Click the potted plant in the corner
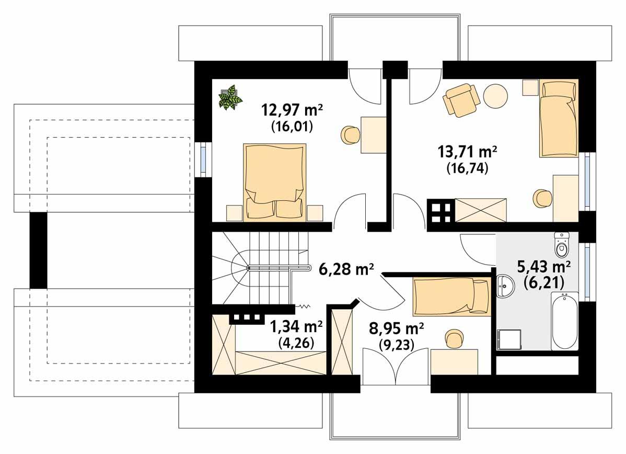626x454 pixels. coord(229,97)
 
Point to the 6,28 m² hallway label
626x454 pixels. coord(346,269)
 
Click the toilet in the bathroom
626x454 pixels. coord(561,245)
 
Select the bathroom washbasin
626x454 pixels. coord(504,286)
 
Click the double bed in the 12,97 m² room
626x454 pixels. coord(274,181)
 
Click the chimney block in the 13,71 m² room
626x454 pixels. coord(440,211)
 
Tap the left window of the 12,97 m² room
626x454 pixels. coord(203,158)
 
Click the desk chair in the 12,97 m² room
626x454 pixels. coord(351,135)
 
